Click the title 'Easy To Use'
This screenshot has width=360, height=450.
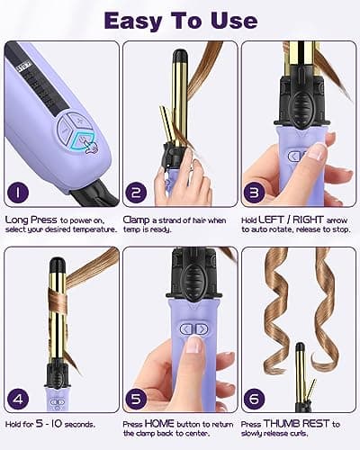pyautogui.click(x=180, y=19)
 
